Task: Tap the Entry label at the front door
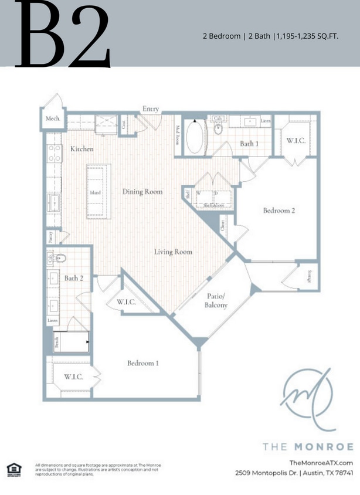pyautogui.click(x=151, y=109)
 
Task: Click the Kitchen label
pyautogui.click(x=82, y=149)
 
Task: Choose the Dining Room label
pyautogui.click(x=142, y=191)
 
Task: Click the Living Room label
pyautogui.click(x=173, y=252)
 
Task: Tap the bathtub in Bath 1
pyautogui.click(x=194, y=138)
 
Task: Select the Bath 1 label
pyautogui.click(x=249, y=144)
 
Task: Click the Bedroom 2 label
pyautogui.click(x=279, y=211)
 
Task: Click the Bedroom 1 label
pyautogui.click(x=143, y=363)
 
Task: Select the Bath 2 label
pyautogui.click(x=74, y=278)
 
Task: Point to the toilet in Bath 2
pyautogui.click(x=63, y=257)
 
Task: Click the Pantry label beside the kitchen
pyautogui.click(x=51, y=236)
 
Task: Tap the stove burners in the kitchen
pyautogui.click(x=54, y=154)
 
